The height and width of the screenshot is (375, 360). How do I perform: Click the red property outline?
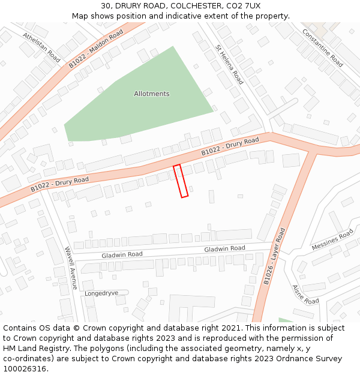coord(181,181)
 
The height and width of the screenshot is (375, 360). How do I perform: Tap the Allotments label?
coord(151,94)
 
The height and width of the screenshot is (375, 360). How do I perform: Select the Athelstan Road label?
coord(41,47)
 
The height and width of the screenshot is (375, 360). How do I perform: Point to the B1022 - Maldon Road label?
coord(96,48)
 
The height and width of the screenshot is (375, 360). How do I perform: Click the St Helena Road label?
coord(229,64)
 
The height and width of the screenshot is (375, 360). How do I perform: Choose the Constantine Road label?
coord(323,48)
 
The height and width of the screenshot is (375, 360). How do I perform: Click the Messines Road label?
coord(332,240)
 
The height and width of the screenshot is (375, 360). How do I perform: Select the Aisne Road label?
coord(305,294)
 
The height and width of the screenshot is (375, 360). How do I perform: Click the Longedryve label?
coord(101,293)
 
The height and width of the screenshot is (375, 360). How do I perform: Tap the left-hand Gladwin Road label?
coord(122,255)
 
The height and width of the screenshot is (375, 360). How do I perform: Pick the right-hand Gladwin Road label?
coord(224,248)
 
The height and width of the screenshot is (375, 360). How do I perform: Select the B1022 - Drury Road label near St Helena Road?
coord(230,146)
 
